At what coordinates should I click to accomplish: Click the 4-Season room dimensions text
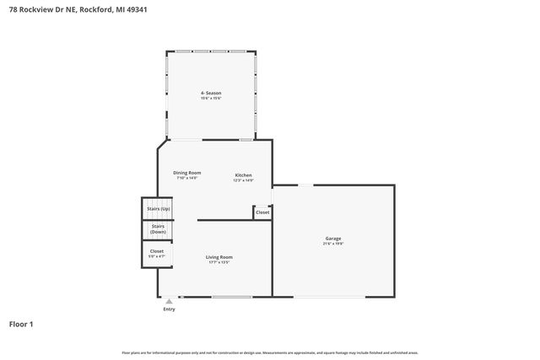pos(211,99)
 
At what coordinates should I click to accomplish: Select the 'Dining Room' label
pos(186,172)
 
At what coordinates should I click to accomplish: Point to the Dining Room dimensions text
pos(186,178)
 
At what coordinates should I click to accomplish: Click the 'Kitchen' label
pos(243,175)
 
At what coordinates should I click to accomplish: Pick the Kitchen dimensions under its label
pos(243,180)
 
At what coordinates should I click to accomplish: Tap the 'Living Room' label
pos(219,256)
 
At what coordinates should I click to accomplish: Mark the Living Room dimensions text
pos(219,262)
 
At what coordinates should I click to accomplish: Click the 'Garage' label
pos(333,238)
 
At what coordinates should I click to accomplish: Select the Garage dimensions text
pos(333,244)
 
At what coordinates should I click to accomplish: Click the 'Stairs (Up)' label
pos(159,208)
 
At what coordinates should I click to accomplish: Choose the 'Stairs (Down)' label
pos(158,228)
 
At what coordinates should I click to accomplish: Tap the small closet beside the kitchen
pos(262,212)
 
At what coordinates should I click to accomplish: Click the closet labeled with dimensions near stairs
pos(157,252)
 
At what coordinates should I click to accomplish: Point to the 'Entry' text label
pos(169,309)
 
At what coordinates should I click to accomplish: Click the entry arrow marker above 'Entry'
pos(169,301)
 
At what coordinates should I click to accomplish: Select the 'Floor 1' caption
pos(21,324)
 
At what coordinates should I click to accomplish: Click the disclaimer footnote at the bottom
pos(269,352)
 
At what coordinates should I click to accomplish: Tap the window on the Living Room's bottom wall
pos(231,297)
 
